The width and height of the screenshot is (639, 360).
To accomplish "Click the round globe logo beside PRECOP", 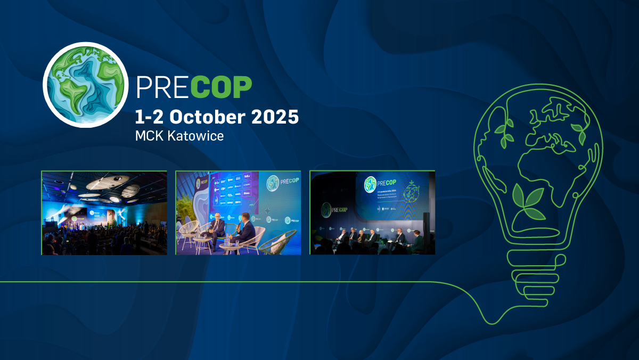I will [x=85, y=85].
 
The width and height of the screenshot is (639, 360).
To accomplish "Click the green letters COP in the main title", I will [x=221, y=87].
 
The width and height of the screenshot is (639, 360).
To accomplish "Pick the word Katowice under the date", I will [x=195, y=136].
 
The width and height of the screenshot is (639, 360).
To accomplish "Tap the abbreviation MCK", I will [x=150, y=136].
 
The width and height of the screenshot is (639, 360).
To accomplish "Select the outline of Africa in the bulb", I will [x=538, y=170].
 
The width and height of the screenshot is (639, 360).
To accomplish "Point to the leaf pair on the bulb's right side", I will [x=578, y=133].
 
